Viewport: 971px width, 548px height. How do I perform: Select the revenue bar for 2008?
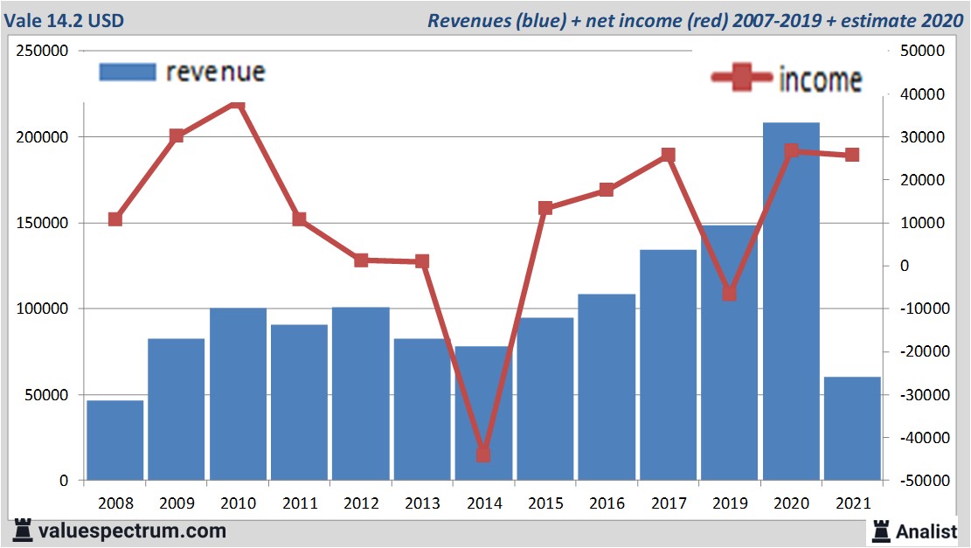pyautogui.click(x=115, y=440)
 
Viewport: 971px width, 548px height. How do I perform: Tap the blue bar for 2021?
pyautogui.click(x=852, y=428)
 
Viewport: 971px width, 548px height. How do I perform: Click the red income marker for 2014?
pyautogui.click(x=483, y=454)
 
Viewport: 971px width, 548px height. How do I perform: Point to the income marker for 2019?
pyautogui.click(x=730, y=294)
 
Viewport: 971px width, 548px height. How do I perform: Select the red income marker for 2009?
pyautogui.click(x=177, y=135)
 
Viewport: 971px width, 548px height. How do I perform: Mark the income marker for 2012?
pyautogui.click(x=361, y=260)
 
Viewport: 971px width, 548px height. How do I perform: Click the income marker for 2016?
pyautogui.click(x=607, y=190)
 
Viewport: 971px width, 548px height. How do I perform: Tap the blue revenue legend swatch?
pyautogui.click(x=128, y=72)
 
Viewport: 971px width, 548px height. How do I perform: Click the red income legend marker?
pyautogui.click(x=741, y=79)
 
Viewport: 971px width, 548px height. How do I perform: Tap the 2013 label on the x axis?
pyautogui.click(x=422, y=504)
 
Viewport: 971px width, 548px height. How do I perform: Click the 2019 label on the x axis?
pyautogui.click(x=730, y=504)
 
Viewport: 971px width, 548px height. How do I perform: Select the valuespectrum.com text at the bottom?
pyautogui.click(x=131, y=531)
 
